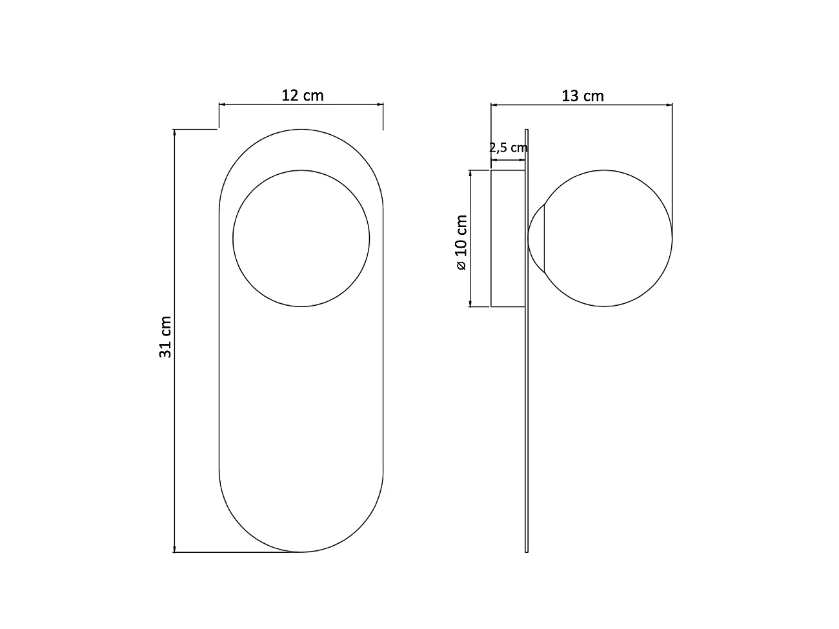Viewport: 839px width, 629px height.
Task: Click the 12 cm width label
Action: coord(302,95)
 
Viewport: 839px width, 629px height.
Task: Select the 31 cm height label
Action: coord(165,337)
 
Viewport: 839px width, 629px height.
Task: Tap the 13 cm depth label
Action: coord(582,96)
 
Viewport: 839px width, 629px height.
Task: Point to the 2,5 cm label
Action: coord(508,148)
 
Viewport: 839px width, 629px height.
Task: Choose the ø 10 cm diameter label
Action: coord(461,243)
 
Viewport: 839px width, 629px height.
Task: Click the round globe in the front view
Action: coord(301,238)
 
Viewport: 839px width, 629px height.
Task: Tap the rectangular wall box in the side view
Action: coord(508,238)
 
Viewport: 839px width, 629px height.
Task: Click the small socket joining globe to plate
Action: coord(536,238)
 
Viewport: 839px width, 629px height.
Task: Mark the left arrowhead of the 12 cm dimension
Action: coord(222,103)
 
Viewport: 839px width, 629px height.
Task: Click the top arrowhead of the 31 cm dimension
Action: coord(174,132)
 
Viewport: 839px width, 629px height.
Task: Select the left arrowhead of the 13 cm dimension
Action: coord(494,103)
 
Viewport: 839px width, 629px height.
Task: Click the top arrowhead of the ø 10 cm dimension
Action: coord(470,173)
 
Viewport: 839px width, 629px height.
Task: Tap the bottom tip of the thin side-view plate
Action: coord(527,552)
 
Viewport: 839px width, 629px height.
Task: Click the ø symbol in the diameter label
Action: coord(461,265)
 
